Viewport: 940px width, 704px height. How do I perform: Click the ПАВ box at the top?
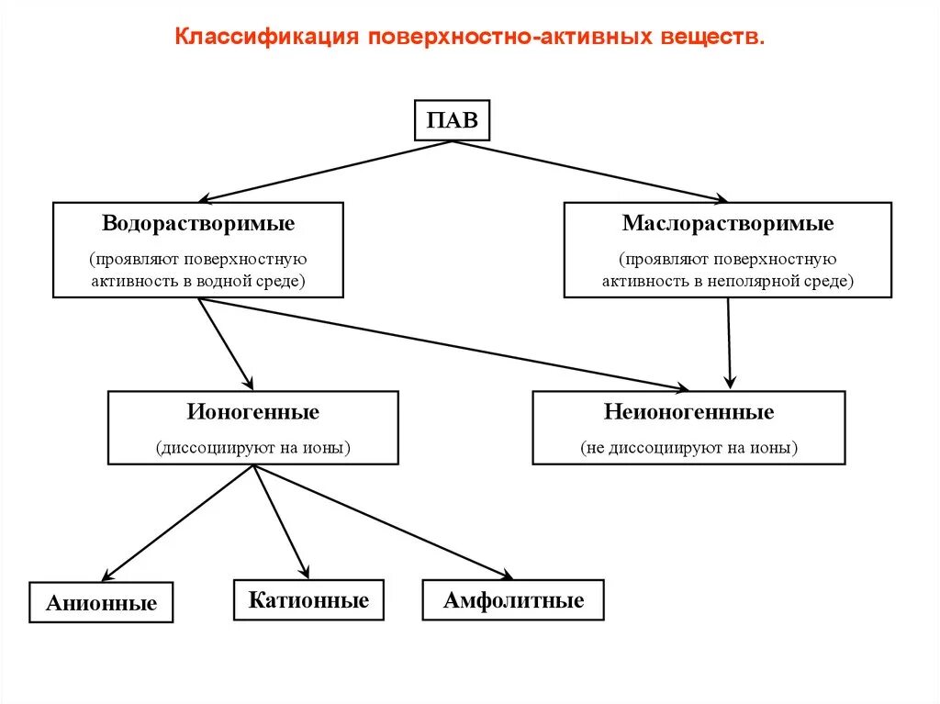[x=453, y=120]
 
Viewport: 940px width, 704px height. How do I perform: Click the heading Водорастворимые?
[x=198, y=223]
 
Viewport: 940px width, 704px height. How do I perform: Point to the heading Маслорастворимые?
[x=727, y=223]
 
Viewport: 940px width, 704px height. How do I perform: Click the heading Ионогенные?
[x=253, y=412]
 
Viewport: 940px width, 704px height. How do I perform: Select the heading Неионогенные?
[x=688, y=412]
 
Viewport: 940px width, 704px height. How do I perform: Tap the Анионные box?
[x=101, y=603]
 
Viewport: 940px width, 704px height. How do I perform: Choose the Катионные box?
[x=308, y=600]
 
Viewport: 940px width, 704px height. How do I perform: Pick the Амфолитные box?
[x=513, y=600]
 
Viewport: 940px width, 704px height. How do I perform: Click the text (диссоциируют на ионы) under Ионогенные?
[x=253, y=449]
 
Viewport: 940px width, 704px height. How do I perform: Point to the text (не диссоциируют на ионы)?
[x=688, y=449]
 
